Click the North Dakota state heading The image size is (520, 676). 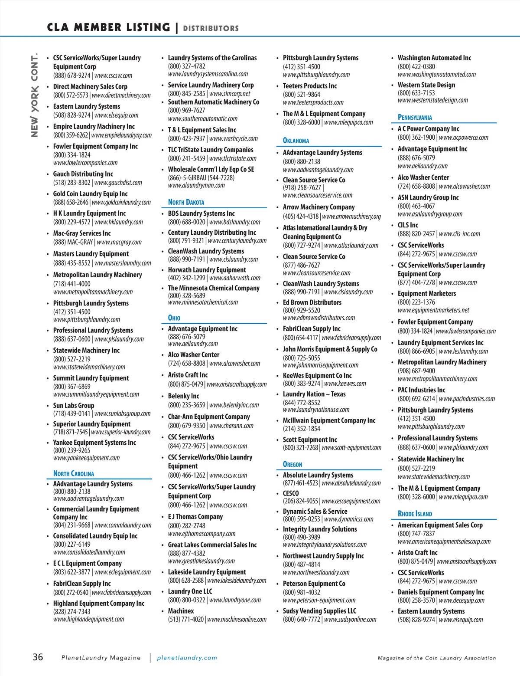186,202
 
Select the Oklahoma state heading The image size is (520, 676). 296,141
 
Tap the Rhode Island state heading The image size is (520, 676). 415,514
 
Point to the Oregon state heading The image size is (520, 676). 292,464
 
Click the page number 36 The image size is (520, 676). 38,657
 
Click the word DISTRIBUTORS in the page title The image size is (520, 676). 211,29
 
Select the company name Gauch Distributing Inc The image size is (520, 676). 83,174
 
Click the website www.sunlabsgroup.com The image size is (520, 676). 122,414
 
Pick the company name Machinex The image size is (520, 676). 181,611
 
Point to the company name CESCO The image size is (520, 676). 291,493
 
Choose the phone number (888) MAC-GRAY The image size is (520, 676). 73,242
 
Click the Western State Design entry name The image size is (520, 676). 426,85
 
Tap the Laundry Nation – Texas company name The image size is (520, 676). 314,394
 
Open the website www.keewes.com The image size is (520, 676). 345,384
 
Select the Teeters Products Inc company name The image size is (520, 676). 310,86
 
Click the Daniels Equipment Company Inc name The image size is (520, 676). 441,592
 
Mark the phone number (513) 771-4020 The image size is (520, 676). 186,619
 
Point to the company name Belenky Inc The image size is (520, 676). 183,396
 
